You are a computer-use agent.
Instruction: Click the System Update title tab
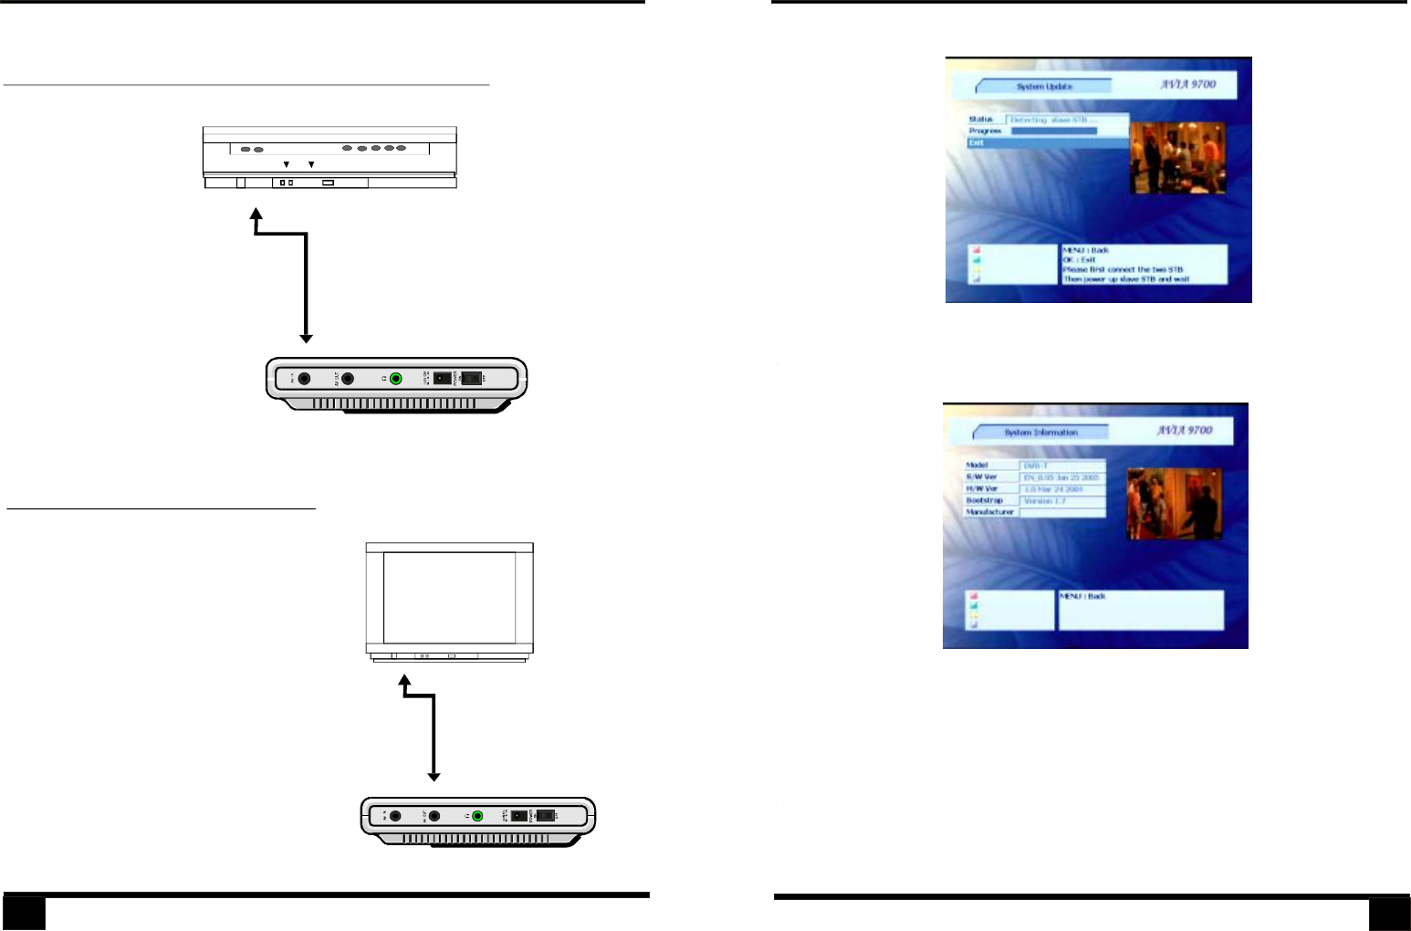(x=1044, y=87)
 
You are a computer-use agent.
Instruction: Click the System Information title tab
(x=1040, y=433)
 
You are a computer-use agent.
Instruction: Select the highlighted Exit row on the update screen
(x=1048, y=143)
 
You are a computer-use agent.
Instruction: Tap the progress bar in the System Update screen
(x=1054, y=131)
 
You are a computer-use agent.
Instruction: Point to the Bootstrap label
(x=985, y=501)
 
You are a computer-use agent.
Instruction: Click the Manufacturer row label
(x=989, y=512)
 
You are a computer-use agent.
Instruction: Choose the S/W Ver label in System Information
(x=982, y=477)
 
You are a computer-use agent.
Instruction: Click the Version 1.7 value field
(x=1062, y=501)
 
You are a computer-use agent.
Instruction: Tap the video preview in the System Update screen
(x=1177, y=158)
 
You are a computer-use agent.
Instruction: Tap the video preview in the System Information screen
(x=1174, y=504)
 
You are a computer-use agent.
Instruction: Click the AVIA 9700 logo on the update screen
(x=1187, y=84)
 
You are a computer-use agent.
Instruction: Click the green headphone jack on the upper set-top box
(x=395, y=379)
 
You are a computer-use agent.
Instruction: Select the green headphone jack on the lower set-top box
(x=477, y=816)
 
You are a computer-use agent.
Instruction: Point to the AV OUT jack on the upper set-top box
(x=348, y=379)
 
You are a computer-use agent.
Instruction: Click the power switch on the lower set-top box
(x=546, y=816)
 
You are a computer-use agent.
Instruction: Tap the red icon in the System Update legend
(x=976, y=249)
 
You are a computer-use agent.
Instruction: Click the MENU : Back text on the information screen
(x=1082, y=596)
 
